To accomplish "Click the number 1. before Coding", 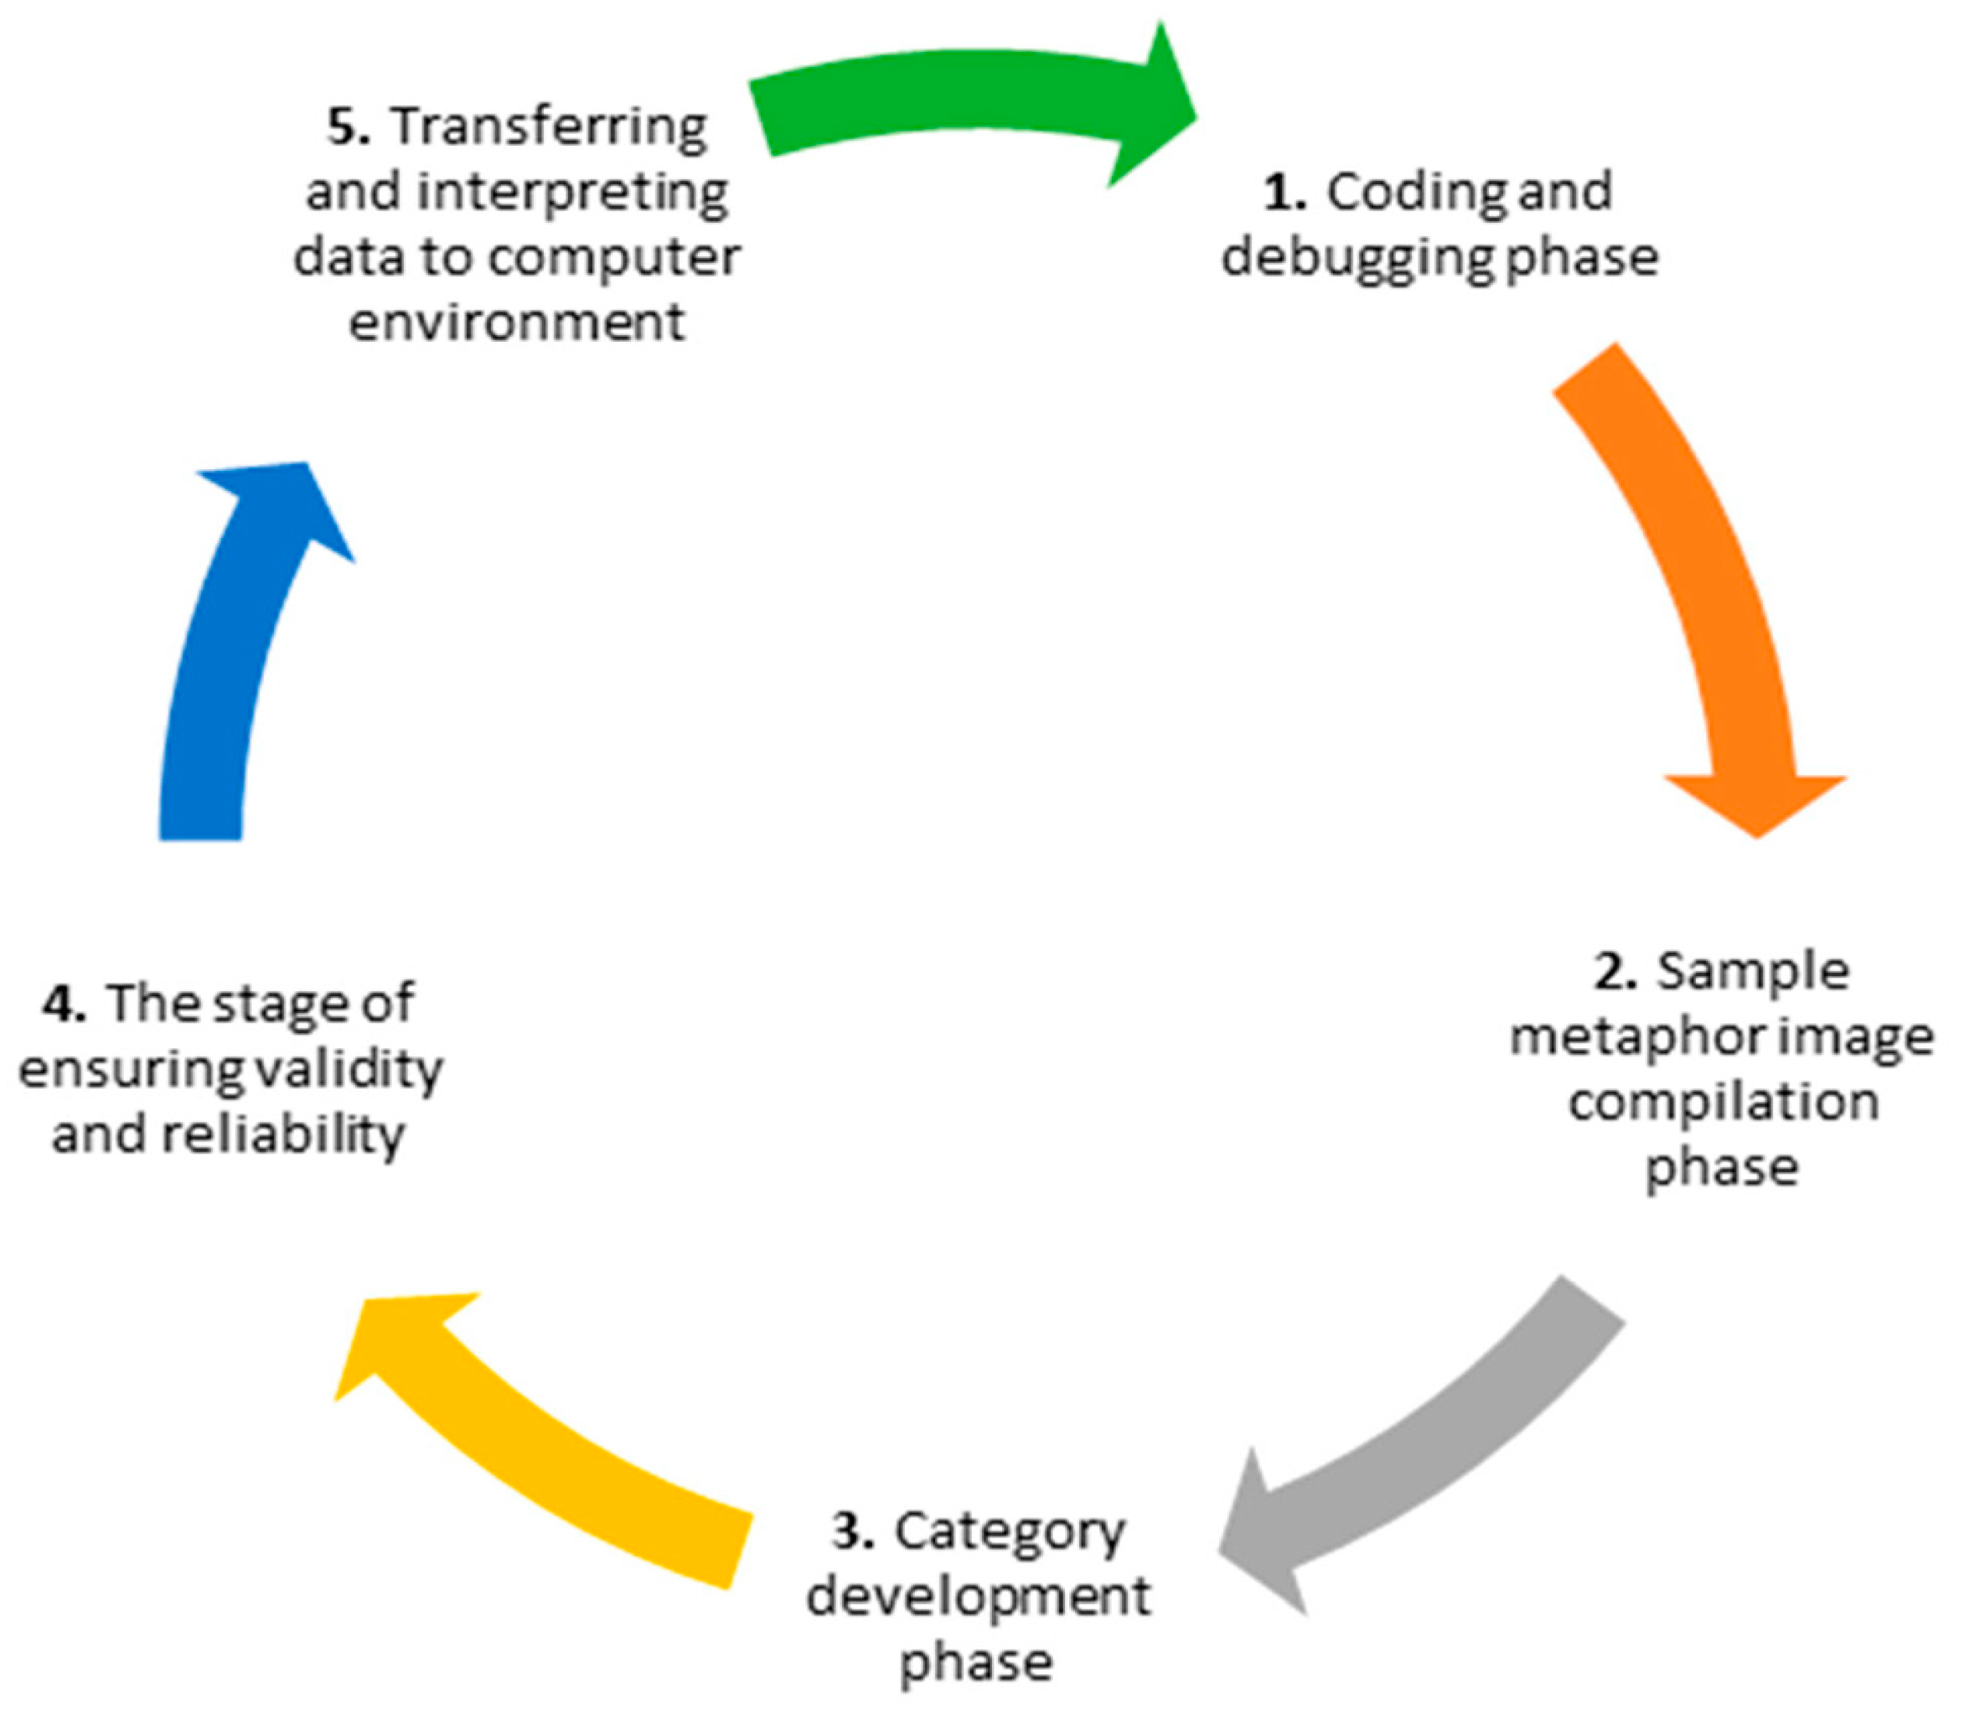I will click(x=1284, y=193).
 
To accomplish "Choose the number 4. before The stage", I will click(x=64, y=1005).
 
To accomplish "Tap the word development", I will click(x=978, y=1599).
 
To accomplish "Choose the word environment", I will click(x=516, y=322).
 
